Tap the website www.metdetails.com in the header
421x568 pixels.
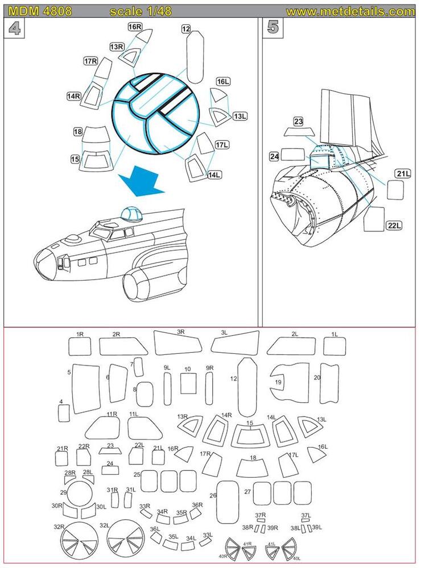[350, 11]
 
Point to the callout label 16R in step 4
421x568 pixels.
[134, 27]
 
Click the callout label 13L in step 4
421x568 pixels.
[241, 116]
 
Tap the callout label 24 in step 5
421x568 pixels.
[274, 156]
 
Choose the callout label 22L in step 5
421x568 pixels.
[394, 225]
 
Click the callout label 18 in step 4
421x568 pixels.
[79, 132]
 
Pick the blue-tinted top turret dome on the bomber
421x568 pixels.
[133, 215]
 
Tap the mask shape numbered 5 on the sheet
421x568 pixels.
[85, 388]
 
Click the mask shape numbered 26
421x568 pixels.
[228, 502]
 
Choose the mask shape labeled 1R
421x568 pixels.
[80, 346]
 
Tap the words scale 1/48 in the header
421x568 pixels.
[141, 11]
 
